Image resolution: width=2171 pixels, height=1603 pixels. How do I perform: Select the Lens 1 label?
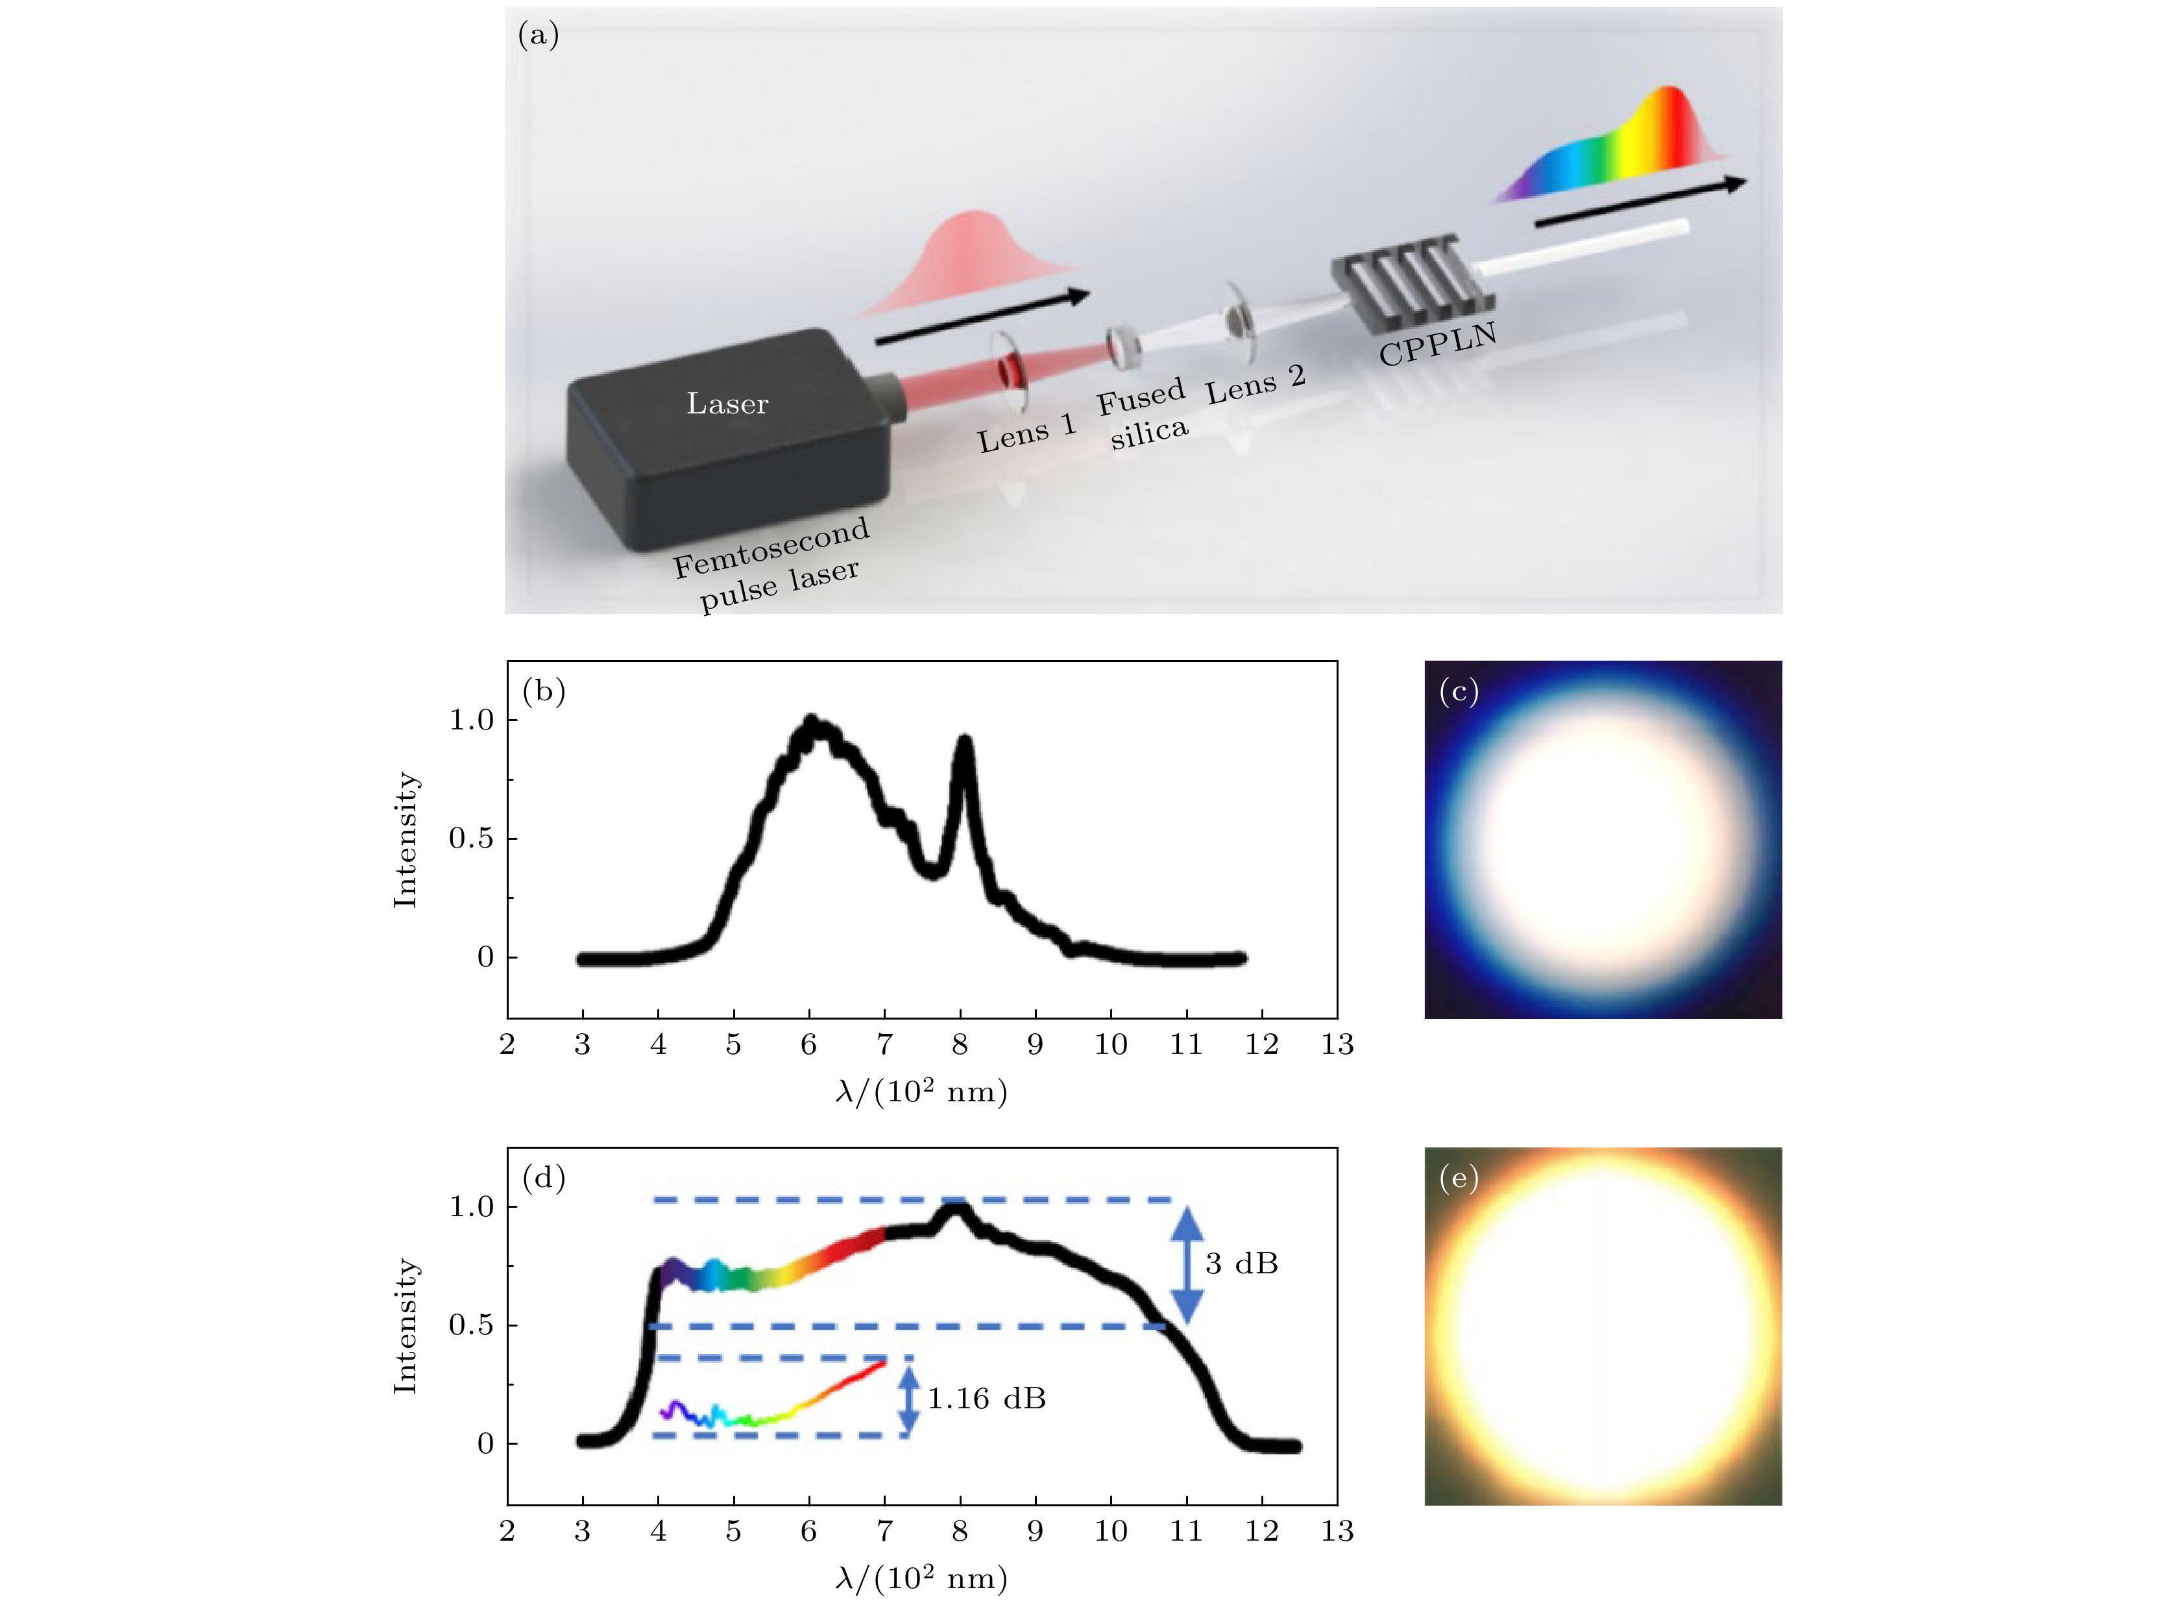tap(1026, 433)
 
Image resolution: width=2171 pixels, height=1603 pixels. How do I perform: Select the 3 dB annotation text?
tap(1242, 1264)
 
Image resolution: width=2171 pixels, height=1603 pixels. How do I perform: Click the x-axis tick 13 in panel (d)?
tap(1337, 1531)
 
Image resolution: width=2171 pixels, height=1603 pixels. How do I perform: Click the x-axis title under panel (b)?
tap(921, 1093)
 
